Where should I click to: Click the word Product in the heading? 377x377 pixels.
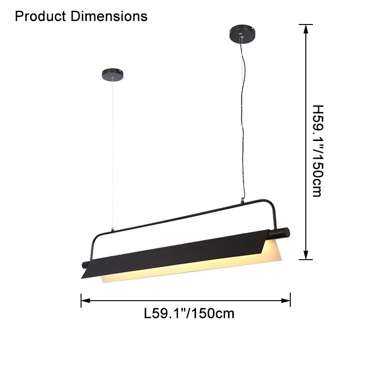pos(41,16)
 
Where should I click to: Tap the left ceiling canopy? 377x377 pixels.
pos(113,74)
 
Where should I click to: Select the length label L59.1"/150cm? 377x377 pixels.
pos(188,313)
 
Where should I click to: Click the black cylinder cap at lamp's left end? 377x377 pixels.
pos(85,265)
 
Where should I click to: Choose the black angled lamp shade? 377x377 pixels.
pos(174,252)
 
